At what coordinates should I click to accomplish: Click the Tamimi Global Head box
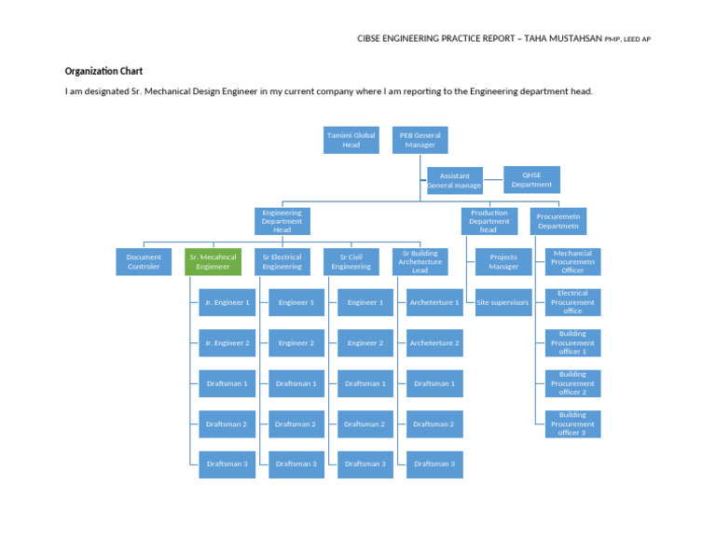pos(351,140)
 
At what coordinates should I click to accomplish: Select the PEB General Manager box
pos(420,140)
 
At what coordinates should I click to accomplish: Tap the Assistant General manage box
pos(454,181)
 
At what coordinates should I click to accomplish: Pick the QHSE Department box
pos(531,180)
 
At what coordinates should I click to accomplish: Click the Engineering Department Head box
pos(282,221)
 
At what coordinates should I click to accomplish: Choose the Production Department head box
pos(489,221)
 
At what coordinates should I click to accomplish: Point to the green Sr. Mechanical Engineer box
pos(213,262)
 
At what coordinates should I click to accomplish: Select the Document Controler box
pos(144,262)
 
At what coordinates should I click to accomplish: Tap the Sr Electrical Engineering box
pos(282,262)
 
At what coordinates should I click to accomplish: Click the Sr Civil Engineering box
pos(351,262)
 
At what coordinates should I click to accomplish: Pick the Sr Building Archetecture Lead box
pos(420,262)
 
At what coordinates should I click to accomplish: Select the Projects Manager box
pos(503,262)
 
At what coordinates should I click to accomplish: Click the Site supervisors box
pos(503,302)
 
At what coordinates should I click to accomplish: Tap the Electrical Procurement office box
pos(572,302)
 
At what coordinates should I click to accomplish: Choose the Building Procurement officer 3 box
pos(572,424)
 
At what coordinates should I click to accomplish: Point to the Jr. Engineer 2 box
pos(227,343)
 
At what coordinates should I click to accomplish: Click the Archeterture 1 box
pos(434,302)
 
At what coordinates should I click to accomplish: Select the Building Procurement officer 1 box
pos(572,343)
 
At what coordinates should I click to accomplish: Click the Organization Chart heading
pos(103,71)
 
